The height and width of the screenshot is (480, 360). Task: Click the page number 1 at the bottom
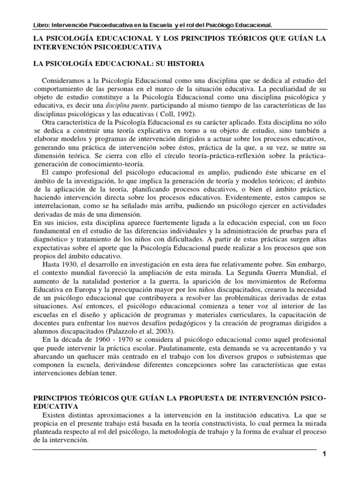pyautogui.click(x=323, y=455)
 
